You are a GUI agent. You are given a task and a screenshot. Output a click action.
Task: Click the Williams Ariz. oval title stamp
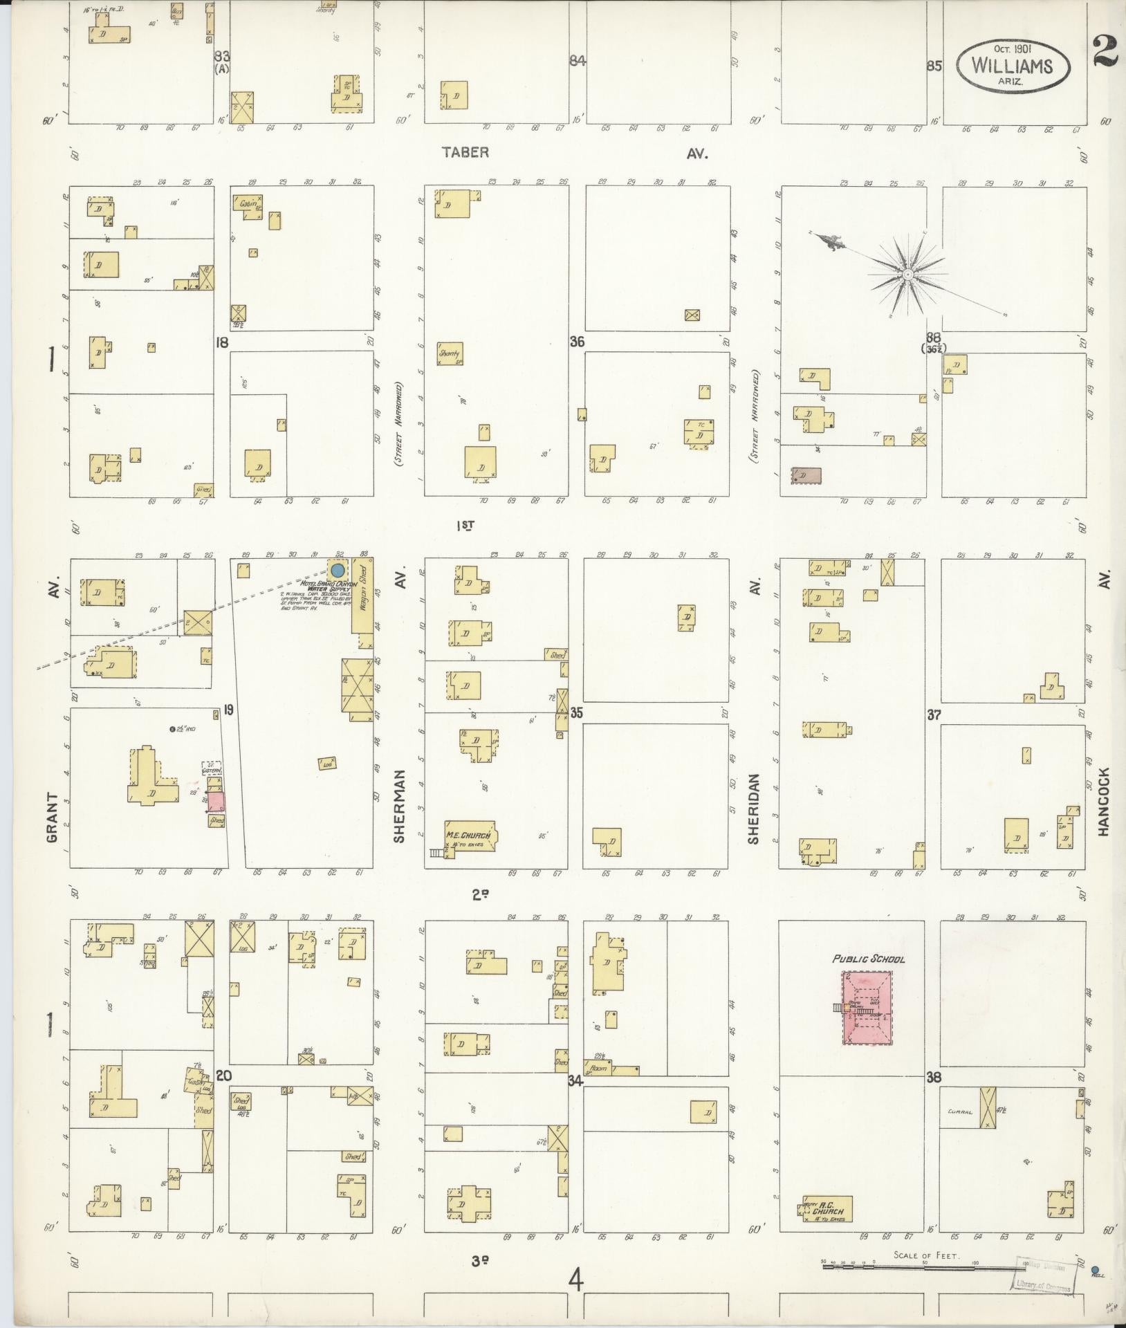click(1011, 65)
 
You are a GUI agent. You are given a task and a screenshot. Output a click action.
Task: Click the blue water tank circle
click(338, 571)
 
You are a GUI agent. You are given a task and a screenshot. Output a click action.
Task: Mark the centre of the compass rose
click(906, 275)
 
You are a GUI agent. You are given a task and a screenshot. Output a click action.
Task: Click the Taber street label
click(465, 152)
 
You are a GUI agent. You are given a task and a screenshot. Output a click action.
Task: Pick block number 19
click(228, 708)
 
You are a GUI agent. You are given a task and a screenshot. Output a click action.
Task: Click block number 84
click(578, 61)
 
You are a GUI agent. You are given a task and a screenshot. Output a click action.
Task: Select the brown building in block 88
click(806, 475)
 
